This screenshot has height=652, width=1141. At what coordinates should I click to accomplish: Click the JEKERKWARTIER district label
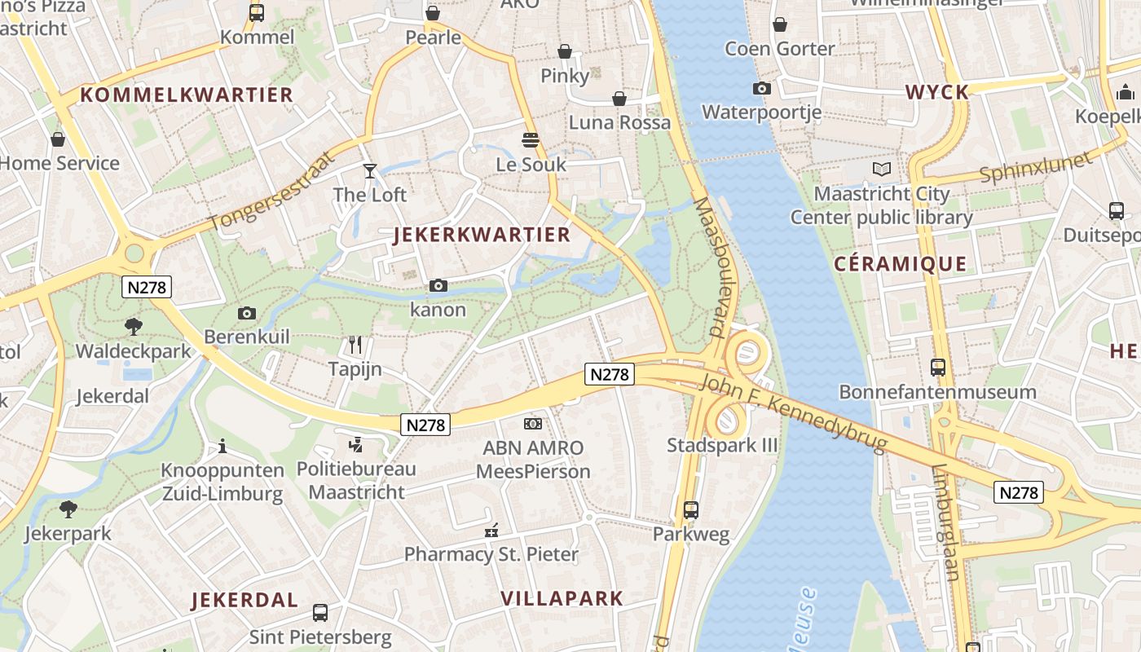point(482,235)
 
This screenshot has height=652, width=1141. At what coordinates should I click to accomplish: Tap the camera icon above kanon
point(438,285)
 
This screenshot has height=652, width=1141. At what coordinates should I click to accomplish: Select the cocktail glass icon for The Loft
point(370,170)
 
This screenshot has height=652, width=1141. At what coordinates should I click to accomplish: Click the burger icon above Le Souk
point(531,140)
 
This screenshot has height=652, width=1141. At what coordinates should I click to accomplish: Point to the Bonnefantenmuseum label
point(937,392)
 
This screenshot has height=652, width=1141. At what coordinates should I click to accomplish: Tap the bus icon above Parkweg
point(691,510)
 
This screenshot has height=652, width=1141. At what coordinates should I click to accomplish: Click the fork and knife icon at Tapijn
point(355,345)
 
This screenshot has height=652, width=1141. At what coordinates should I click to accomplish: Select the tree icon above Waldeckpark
point(134,327)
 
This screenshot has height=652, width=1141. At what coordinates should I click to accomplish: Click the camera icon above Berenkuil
point(246,313)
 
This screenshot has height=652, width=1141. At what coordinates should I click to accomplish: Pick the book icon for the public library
point(881,170)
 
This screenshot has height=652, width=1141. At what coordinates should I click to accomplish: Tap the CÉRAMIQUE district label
point(901,264)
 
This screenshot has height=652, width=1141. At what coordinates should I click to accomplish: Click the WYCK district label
point(937,92)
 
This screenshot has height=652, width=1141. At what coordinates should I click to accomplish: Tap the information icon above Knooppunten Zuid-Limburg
point(222,446)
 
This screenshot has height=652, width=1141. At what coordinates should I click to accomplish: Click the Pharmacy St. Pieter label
point(491,555)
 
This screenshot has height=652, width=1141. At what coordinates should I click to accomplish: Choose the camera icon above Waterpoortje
point(762,88)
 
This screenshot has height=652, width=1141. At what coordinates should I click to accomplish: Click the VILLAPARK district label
point(562,598)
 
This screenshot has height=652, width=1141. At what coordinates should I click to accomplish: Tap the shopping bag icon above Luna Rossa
point(619,99)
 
